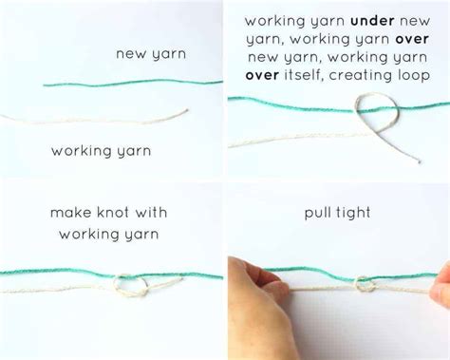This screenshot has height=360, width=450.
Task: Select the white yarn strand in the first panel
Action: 95,118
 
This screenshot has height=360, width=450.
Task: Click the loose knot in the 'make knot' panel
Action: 125,283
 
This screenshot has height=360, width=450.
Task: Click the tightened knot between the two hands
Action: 364,283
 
